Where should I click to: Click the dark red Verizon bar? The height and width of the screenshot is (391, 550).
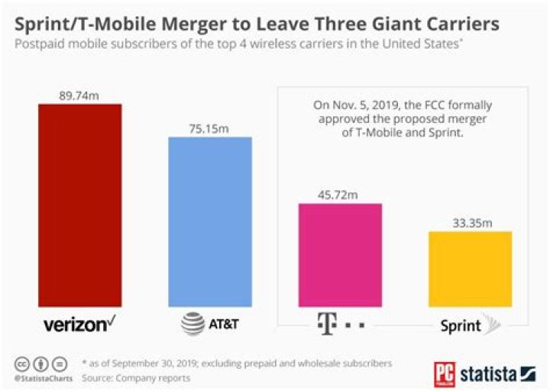[79, 204]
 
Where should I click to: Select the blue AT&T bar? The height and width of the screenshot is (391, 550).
[209, 221]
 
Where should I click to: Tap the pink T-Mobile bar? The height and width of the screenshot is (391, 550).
[340, 254]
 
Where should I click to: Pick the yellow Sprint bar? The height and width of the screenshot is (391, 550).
[470, 268]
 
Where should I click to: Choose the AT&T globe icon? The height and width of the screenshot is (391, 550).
[192, 325]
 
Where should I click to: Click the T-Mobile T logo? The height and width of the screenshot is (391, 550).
[324, 325]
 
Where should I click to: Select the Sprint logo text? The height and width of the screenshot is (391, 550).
[461, 326]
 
